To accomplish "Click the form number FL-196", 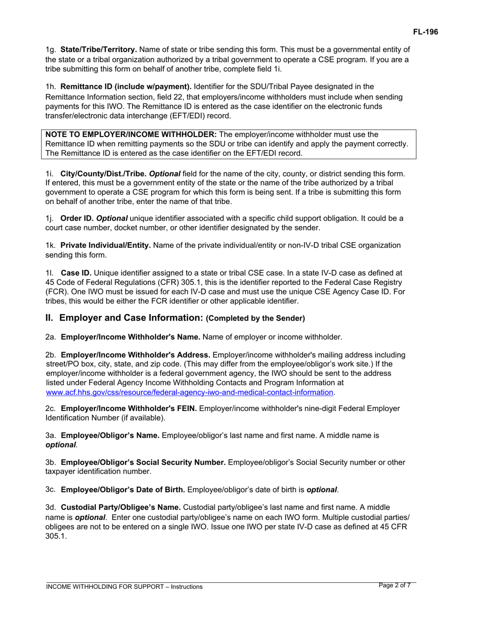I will coord(425,32).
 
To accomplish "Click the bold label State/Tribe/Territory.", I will coord(98,50).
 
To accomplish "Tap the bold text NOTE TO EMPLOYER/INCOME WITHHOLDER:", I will coord(131,135).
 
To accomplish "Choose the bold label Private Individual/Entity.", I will coord(105,246).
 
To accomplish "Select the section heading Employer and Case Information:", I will coord(131,318).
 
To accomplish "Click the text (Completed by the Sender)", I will coord(255,319).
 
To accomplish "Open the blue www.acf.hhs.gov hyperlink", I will coord(189,392).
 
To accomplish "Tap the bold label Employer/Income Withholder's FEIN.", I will coord(129,409).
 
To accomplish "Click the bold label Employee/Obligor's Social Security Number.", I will coord(143,463).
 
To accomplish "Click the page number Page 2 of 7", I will coord(395,585).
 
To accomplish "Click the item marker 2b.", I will coord(51,355).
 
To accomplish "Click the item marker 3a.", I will coord(51,436).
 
